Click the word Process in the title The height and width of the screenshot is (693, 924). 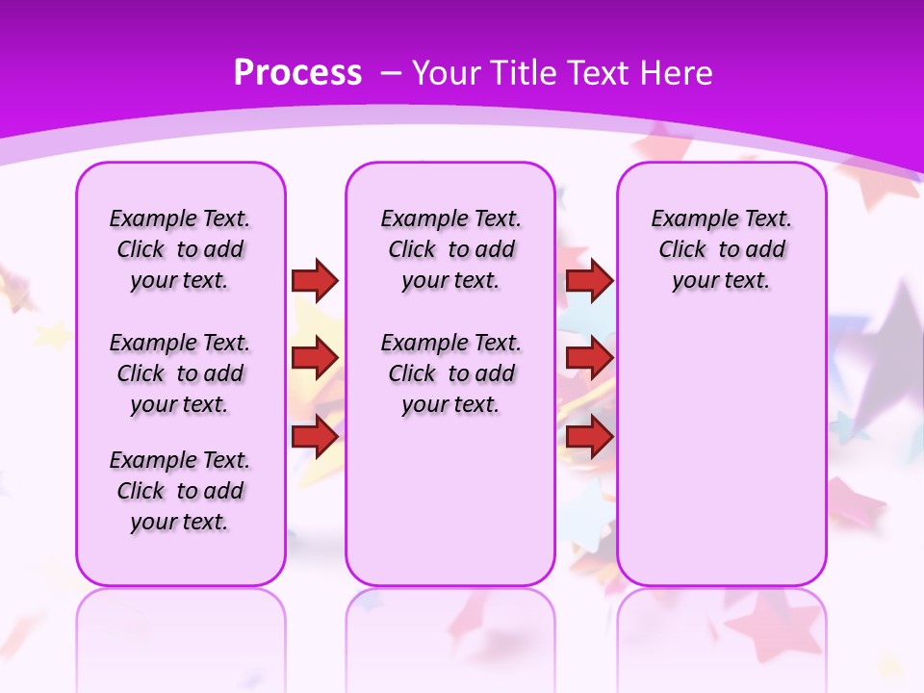tap(297, 73)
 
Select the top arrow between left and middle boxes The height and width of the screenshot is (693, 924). tap(315, 280)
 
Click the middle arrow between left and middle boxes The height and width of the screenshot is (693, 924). tap(315, 358)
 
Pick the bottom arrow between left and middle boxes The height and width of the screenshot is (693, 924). tap(315, 438)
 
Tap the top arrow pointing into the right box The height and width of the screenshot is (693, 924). tap(589, 280)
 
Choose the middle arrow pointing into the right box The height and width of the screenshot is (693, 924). tap(589, 358)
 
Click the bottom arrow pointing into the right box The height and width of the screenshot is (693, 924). tap(589, 438)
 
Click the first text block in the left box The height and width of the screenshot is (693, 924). tap(180, 249)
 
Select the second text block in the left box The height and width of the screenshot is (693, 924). tap(180, 373)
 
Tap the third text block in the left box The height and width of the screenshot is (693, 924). tap(180, 491)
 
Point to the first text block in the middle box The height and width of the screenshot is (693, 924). tap(450, 249)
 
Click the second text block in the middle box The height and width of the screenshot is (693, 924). tap(450, 373)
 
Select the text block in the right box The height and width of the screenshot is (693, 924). tap(721, 249)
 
